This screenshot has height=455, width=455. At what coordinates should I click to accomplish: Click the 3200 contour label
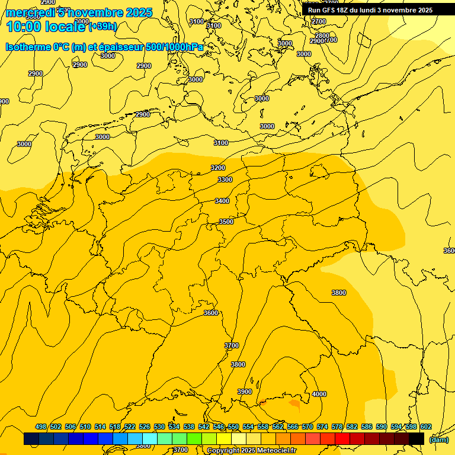[218, 168]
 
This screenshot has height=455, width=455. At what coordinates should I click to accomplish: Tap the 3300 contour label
[225, 180]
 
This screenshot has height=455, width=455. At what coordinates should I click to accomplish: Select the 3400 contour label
[222, 201]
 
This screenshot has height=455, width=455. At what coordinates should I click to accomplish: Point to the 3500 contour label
[226, 222]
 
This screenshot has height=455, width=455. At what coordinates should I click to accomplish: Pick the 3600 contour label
[210, 313]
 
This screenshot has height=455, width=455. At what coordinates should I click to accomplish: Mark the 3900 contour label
[244, 392]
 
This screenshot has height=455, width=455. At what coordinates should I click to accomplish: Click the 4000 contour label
[319, 394]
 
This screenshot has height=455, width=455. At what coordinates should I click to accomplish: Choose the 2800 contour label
[322, 36]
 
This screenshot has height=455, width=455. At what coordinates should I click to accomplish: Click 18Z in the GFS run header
[339, 10]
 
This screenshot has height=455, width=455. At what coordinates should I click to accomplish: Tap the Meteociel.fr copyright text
[251, 451]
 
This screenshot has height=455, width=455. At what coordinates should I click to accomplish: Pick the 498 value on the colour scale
[41, 427]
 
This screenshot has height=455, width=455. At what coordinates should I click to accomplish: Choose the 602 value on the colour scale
[425, 427]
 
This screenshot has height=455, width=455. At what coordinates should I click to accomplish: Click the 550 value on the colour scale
[233, 427]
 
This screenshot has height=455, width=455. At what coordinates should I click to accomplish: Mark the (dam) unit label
[438, 440]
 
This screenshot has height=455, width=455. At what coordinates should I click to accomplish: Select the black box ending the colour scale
[416, 439]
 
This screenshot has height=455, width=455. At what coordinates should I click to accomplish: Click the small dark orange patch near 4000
[294, 403]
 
